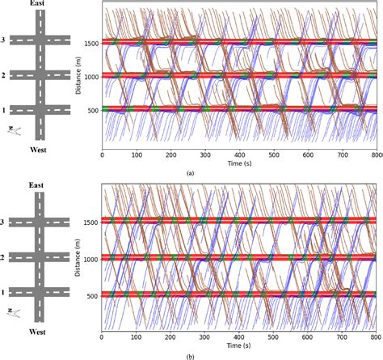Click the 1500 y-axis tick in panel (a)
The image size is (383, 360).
point(90,41)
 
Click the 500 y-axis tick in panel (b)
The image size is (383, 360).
point(93,295)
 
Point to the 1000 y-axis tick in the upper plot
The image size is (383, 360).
point(90,75)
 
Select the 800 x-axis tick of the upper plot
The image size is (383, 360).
point(375,154)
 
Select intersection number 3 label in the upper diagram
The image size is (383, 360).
point(5,40)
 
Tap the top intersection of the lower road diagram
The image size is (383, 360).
point(42,222)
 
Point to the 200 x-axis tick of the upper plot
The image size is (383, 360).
point(170,154)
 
